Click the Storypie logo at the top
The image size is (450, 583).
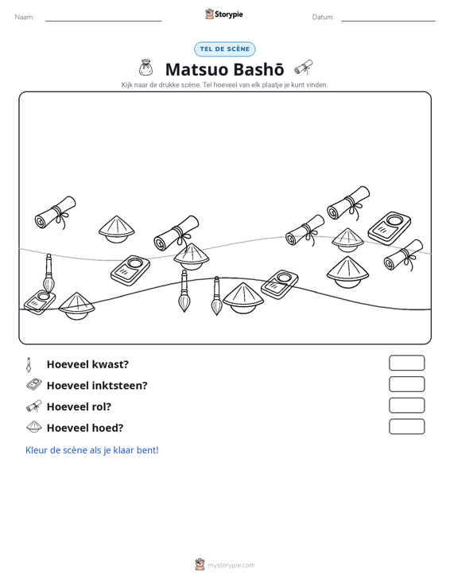point(224,14)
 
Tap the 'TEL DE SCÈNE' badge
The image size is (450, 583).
point(225,49)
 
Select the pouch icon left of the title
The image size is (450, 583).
point(145,68)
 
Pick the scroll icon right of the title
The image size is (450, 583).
point(304,68)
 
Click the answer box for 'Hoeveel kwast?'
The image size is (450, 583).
point(406,363)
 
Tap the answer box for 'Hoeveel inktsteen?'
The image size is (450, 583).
point(406,384)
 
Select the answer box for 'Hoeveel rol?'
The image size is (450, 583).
point(406,406)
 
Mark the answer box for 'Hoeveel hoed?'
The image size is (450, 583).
point(406,426)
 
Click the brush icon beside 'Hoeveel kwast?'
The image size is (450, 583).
point(29,364)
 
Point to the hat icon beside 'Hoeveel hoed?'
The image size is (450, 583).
point(34,427)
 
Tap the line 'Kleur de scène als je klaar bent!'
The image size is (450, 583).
point(91,450)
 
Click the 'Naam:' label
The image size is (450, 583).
point(25,17)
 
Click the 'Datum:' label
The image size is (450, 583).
point(323,17)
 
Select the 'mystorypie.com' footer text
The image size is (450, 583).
point(231,566)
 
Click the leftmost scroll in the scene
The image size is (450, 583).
point(56,212)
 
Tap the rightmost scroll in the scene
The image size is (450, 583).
point(404,255)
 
